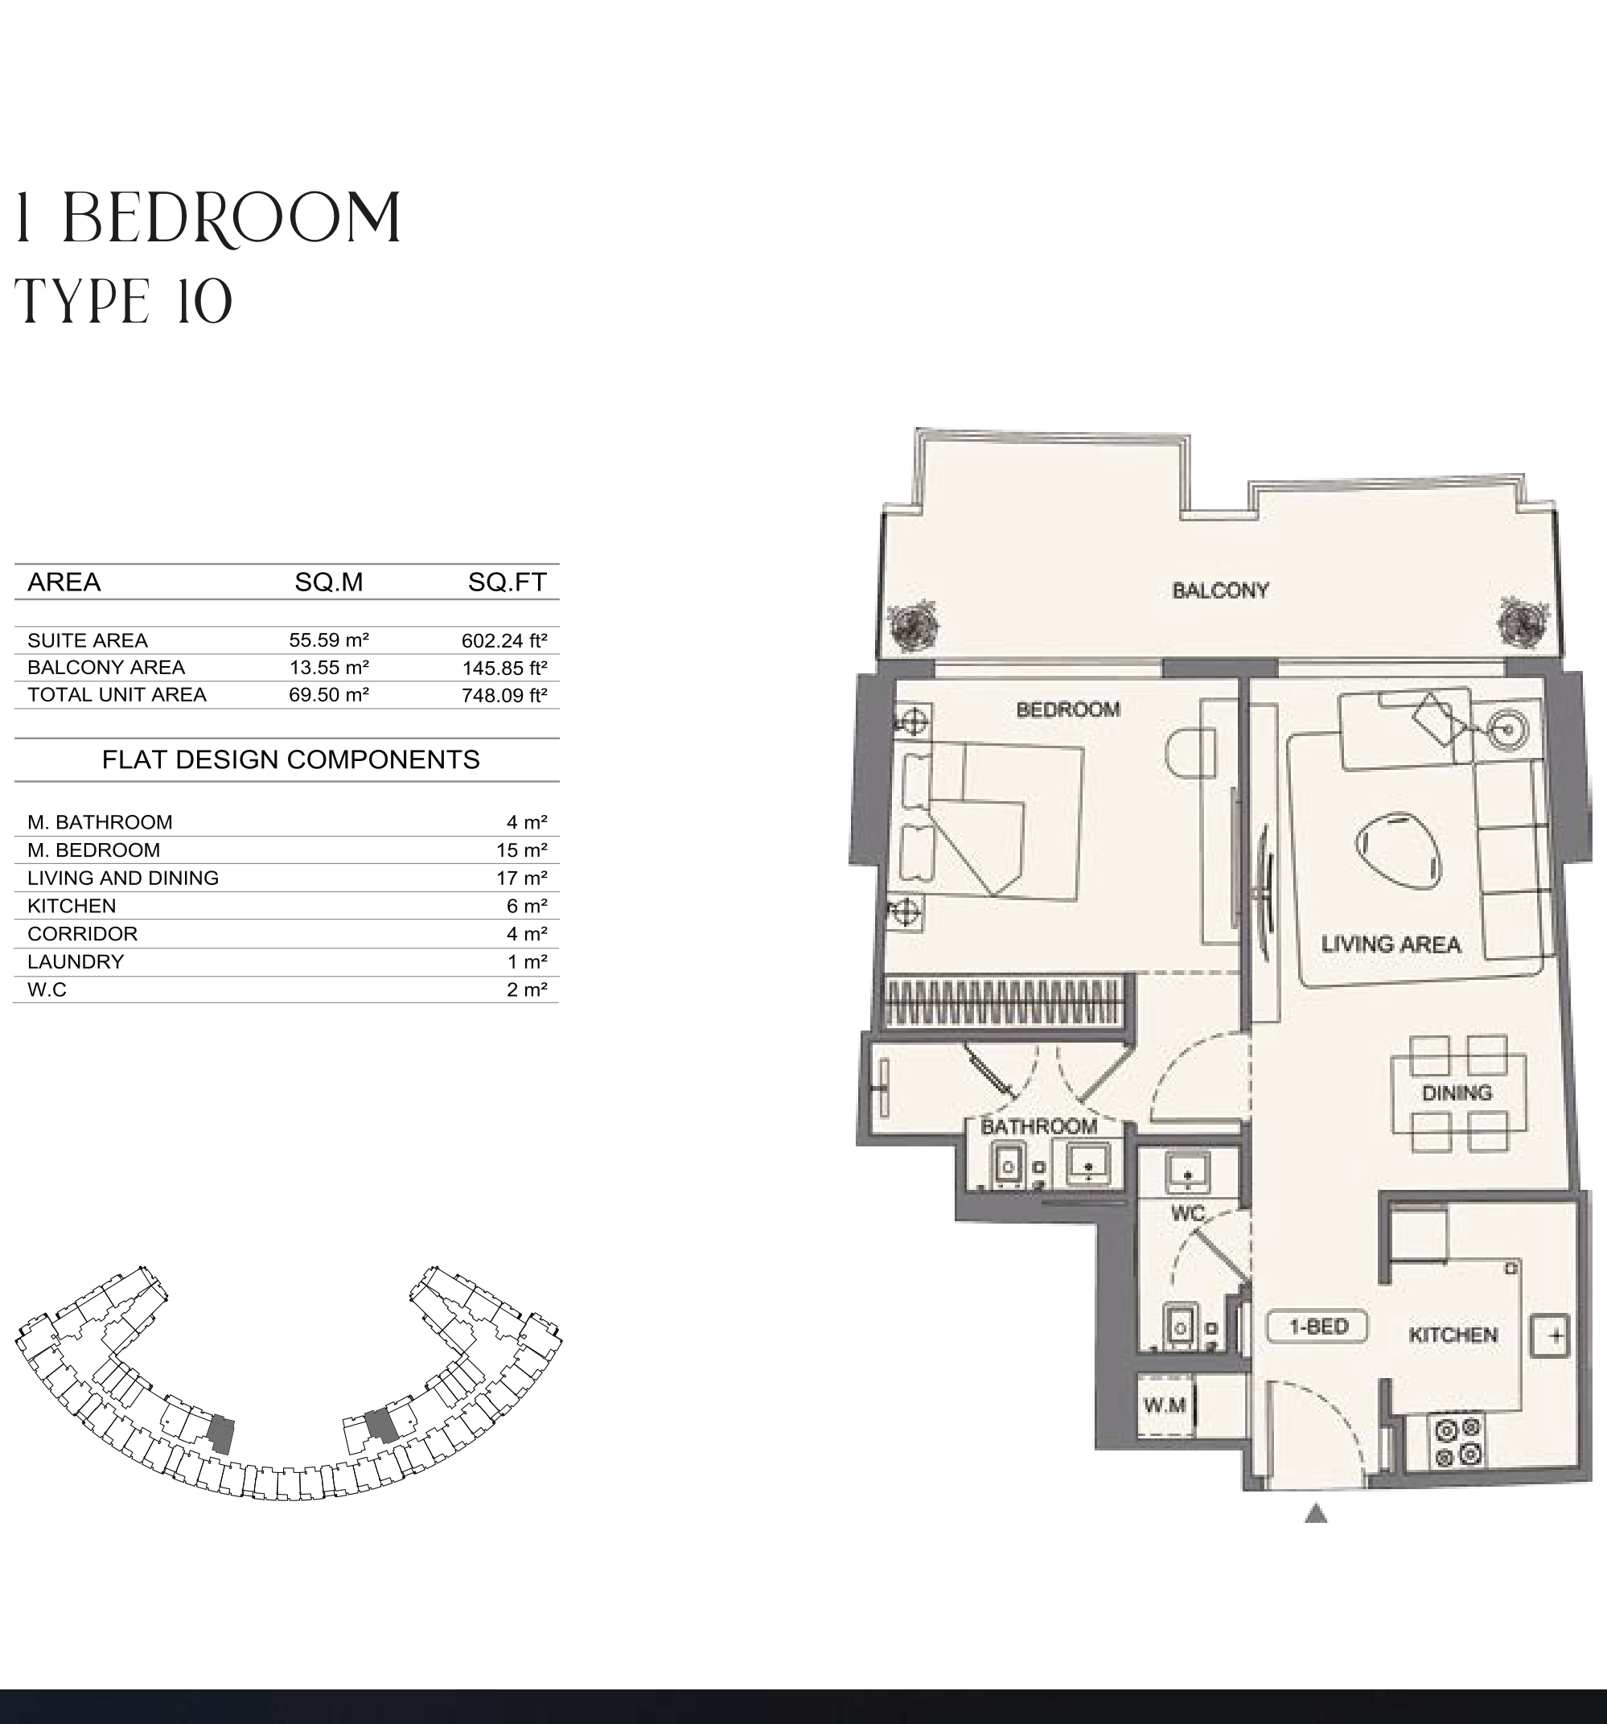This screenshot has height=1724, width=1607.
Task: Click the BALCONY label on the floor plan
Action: click(x=1220, y=590)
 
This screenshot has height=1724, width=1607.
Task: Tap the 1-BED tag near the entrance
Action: click(x=1317, y=1326)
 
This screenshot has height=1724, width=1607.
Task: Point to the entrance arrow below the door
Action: click(x=1317, y=1513)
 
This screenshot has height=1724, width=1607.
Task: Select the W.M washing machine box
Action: click(x=1165, y=1405)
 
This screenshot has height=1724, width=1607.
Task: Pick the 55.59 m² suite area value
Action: click(x=330, y=640)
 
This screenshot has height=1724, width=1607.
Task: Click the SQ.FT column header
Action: click(x=508, y=582)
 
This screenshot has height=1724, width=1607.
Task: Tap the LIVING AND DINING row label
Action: click(x=123, y=878)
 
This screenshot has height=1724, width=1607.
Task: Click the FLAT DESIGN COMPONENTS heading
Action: click(x=290, y=759)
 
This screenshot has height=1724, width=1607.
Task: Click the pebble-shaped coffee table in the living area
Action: click(x=1398, y=850)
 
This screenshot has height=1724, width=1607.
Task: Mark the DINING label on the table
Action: click(x=1457, y=1092)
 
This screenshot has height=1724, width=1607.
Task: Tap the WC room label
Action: click(x=1187, y=1213)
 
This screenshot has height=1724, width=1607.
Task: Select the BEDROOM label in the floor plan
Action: click(x=1067, y=710)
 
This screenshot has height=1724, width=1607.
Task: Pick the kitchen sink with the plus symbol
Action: click(x=1554, y=1335)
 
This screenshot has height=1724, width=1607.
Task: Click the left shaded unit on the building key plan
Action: click(x=223, y=1434)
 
